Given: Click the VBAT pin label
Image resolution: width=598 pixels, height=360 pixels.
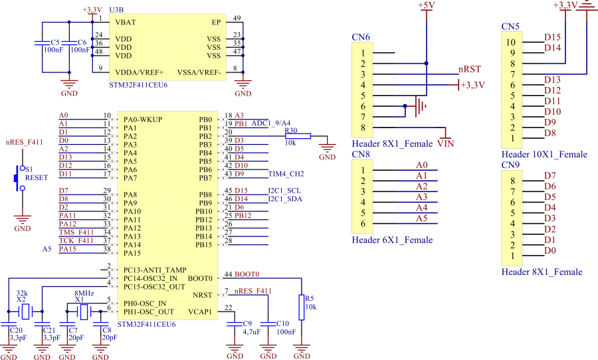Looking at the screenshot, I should coord(126,22).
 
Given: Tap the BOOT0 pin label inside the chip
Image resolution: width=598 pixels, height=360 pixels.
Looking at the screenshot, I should coord(201,278).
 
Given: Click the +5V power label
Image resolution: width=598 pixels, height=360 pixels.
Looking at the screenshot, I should coord(427,5).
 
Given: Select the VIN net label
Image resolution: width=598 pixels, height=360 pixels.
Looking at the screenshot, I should coord(445,143).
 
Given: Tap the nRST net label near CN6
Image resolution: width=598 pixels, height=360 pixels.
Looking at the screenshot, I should coord(469,68).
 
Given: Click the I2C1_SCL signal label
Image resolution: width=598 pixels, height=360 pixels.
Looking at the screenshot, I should coord(284,191).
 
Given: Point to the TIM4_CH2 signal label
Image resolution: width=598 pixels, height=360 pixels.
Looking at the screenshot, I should coord(286,174).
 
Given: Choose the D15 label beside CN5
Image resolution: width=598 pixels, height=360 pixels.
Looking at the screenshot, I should coord(552,37).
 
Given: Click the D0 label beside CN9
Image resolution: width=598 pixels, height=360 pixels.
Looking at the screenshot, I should coord(549,250).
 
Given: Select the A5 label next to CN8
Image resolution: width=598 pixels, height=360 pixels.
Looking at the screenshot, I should coord(421,218).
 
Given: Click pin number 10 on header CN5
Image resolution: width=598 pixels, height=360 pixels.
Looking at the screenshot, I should coord(512,42).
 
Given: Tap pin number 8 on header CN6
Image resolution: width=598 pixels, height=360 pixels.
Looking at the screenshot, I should coord(363,128).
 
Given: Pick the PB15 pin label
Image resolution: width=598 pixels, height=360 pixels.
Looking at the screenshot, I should coord(203,244).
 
